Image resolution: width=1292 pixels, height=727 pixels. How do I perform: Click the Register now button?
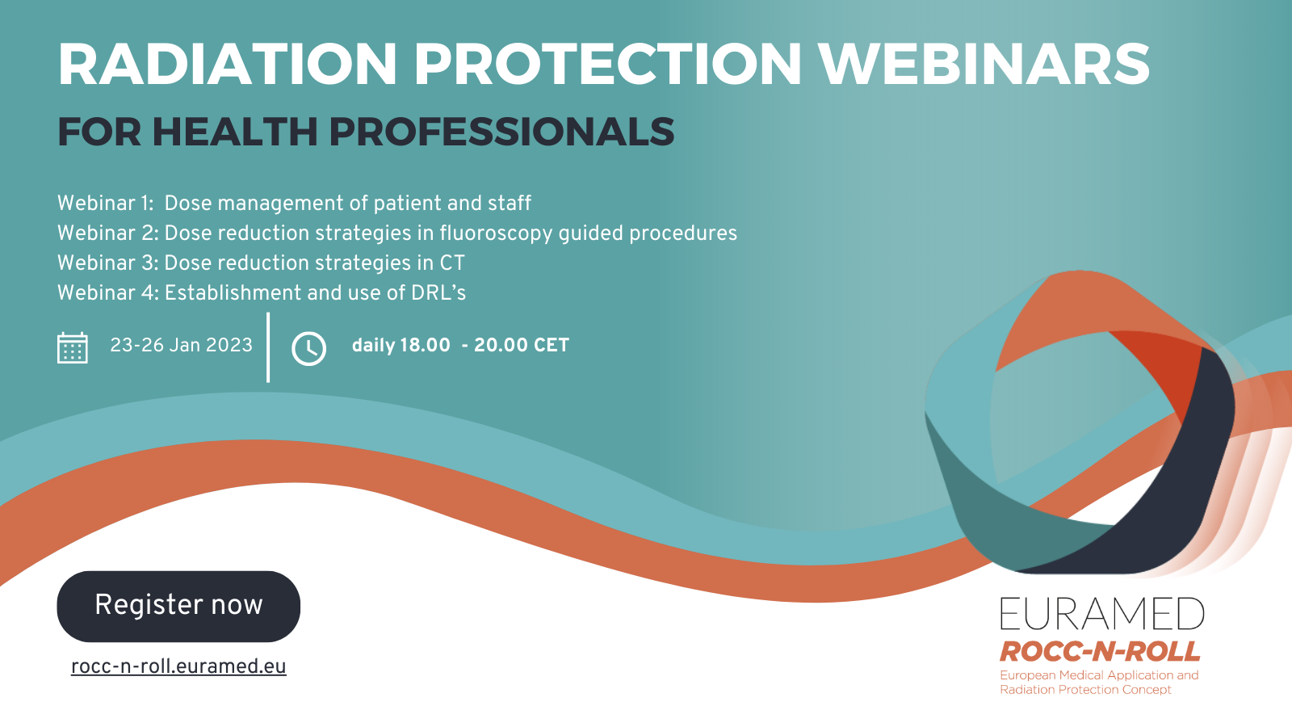pyautogui.click(x=178, y=606)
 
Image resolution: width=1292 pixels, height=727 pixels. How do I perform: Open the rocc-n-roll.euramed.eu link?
pyautogui.click(x=178, y=666)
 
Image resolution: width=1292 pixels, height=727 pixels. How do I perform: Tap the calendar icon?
pyautogui.click(x=73, y=347)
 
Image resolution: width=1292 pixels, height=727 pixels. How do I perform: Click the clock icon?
pyautogui.click(x=308, y=348)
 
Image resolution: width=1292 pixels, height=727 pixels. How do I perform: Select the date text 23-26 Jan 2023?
pyautogui.click(x=181, y=345)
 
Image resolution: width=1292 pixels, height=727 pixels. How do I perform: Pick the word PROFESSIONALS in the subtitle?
pyautogui.click(x=501, y=132)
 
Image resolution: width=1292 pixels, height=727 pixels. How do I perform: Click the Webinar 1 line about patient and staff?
pyautogui.click(x=294, y=203)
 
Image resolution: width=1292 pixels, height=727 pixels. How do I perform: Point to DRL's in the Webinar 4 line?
pyautogui.click(x=438, y=293)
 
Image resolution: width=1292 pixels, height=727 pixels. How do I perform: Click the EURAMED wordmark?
pyautogui.click(x=1101, y=613)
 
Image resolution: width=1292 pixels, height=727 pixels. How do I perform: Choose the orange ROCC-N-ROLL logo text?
pyautogui.click(x=1100, y=651)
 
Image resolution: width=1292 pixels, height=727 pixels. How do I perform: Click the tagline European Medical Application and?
pyautogui.click(x=1099, y=675)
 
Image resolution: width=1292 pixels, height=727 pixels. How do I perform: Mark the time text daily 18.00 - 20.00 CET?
pyautogui.click(x=460, y=345)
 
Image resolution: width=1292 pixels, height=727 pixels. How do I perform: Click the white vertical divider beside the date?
pyautogui.click(x=268, y=347)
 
